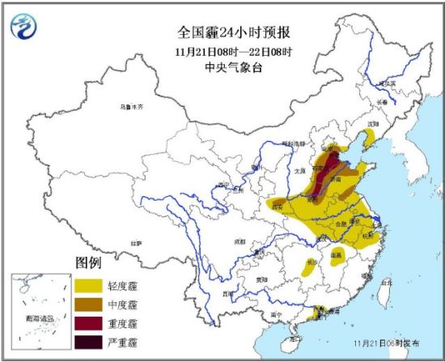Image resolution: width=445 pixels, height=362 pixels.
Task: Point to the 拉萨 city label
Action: (137, 241)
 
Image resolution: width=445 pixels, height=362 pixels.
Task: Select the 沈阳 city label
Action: (373, 124)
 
